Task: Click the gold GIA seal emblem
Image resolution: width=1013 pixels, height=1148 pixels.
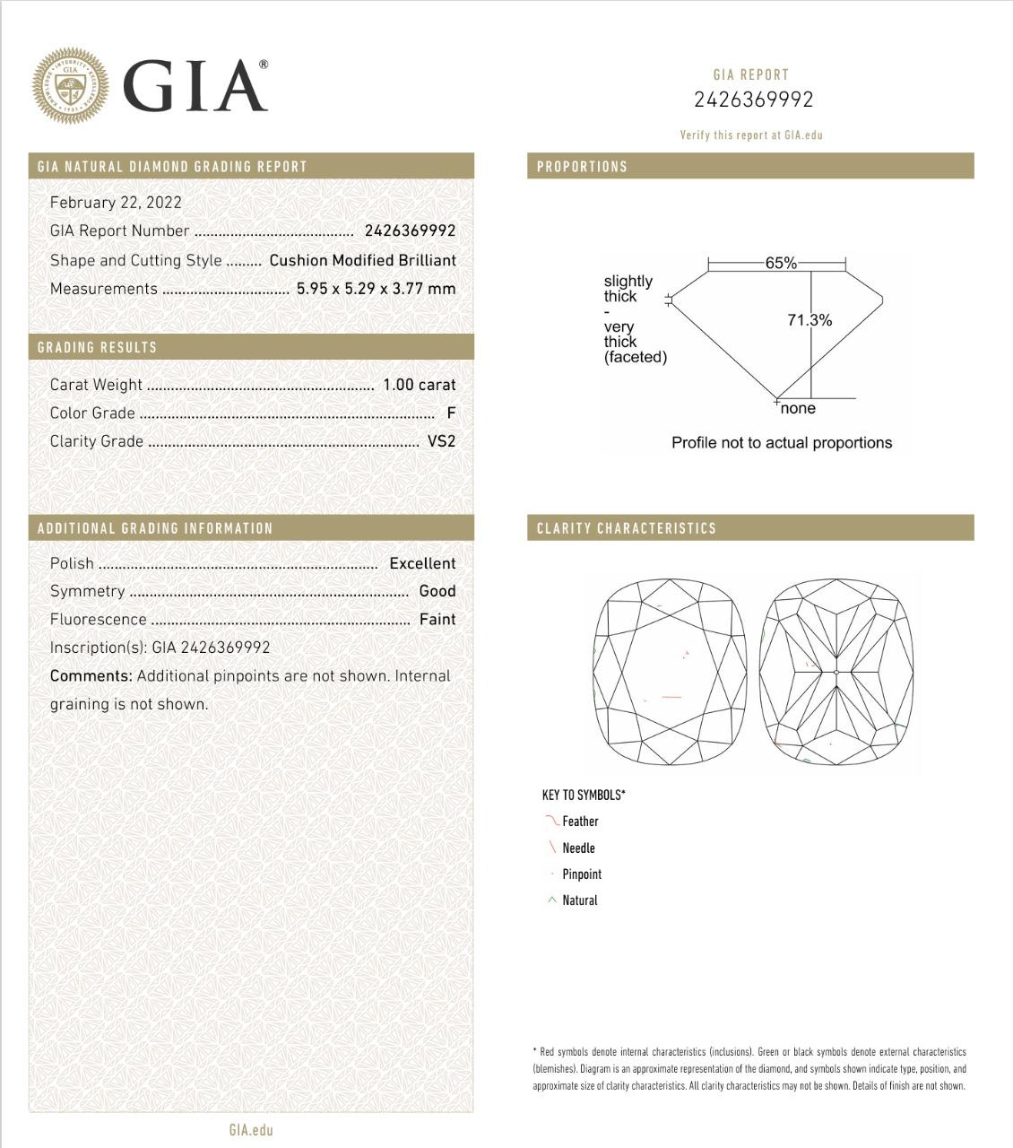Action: (x=70, y=86)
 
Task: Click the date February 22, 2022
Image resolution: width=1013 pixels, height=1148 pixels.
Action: (x=116, y=203)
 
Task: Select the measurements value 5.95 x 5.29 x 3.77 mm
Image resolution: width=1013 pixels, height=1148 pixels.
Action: (x=376, y=289)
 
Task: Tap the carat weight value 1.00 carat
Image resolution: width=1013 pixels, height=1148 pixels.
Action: (x=419, y=385)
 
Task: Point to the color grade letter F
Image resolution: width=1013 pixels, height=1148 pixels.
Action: (x=451, y=413)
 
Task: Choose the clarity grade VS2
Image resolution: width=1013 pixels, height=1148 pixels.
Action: (x=441, y=441)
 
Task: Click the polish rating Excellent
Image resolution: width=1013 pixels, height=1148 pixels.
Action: (x=422, y=563)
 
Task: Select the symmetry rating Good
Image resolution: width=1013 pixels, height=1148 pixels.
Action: (x=437, y=591)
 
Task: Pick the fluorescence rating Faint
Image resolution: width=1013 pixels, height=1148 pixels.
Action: (x=437, y=620)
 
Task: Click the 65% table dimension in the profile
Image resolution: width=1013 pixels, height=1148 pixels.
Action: (x=780, y=263)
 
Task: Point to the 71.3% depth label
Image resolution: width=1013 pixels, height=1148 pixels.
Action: (x=810, y=320)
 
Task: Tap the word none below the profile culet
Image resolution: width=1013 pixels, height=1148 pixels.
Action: (x=798, y=409)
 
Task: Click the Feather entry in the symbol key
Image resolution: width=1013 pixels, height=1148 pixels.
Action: (x=580, y=822)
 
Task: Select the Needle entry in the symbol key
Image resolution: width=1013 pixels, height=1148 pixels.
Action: (x=578, y=848)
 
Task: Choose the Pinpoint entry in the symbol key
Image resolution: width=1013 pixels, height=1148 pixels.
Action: (x=582, y=874)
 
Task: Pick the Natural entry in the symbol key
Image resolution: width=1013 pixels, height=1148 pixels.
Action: (x=579, y=900)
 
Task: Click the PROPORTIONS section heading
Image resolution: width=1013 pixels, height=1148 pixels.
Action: (x=582, y=167)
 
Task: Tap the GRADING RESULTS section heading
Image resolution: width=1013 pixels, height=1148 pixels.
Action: (x=97, y=348)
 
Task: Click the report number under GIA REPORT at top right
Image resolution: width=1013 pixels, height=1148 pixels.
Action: (x=753, y=100)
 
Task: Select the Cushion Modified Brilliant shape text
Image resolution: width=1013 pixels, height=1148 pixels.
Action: (x=362, y=260)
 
